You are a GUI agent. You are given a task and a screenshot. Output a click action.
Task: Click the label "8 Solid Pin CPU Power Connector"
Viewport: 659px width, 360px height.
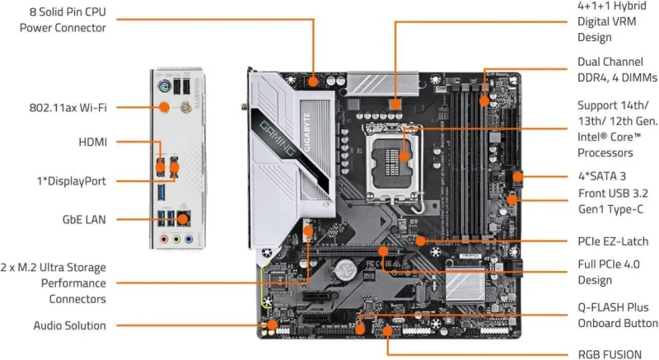[x=63, y=20]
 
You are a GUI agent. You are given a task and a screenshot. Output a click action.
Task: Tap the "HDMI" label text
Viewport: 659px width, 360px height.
[x=93, y=142]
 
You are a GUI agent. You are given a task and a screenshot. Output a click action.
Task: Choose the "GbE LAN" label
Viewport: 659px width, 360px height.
[x=81, y=219]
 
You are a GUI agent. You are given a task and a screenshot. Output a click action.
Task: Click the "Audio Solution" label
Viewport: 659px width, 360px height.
[x=70, y=325]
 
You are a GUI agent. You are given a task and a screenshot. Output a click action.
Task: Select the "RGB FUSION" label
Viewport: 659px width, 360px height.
[x=610, y=354]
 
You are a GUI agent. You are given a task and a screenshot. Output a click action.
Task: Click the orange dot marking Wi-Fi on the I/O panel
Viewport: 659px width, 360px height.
[x=164, y=106]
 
